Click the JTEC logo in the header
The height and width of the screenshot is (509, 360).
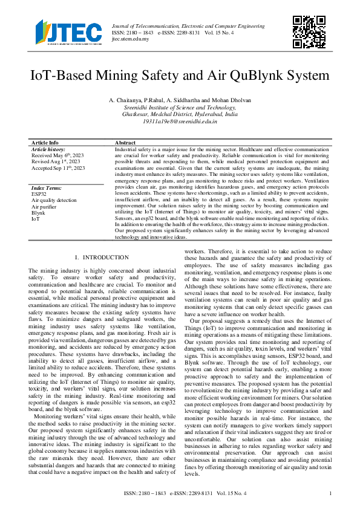tap(67, 32)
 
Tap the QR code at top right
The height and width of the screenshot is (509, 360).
tap(306, 31)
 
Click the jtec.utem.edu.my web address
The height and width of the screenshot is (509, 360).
tap(130, 39)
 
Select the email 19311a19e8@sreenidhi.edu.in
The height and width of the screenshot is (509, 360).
tap(180, 122)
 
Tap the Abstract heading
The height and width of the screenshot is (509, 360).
tap(126, 143)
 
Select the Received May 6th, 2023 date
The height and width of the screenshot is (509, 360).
tap(57, 155)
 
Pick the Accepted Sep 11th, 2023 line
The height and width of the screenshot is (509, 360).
tap(58, 168)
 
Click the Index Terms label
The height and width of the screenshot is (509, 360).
tap(46, 188)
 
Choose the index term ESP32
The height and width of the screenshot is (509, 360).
tap(39, 194)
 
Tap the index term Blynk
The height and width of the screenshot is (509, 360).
tap(38, 213)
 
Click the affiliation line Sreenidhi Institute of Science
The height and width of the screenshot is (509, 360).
tap(180, 107)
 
